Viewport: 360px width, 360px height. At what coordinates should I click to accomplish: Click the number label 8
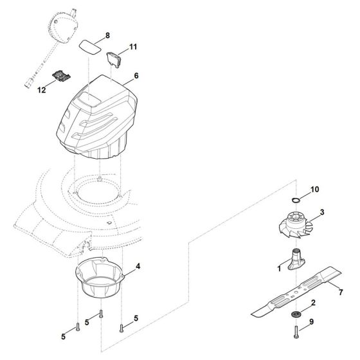pyautogui.click(x=107, y=34)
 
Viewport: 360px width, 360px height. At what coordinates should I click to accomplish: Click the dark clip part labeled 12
pyautogui.click(x=60, y=76)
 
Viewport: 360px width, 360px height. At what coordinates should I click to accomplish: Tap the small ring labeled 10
pyautogui.click(x=295, y=201)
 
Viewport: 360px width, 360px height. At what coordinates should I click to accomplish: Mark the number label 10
pyautogui.click(x=314, y=190)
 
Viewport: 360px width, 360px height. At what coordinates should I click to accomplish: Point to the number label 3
pyautogui.click(x=322, y=212)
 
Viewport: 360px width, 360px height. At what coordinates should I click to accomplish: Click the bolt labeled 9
pyautogui.click(x=295, y=336)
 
